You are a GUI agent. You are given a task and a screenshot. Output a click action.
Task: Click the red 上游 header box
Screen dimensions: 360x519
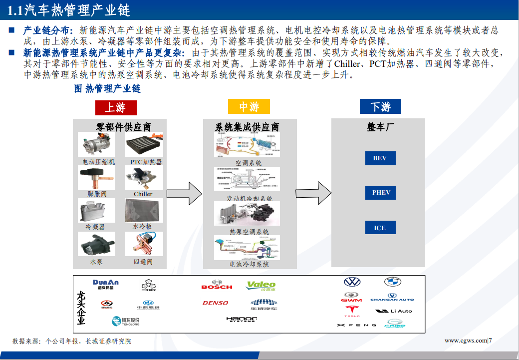tap(115, 107)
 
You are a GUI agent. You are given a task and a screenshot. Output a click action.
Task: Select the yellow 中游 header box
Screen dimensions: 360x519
tap(249, 107)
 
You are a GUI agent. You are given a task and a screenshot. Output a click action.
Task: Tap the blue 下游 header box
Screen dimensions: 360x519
tap(380, 107)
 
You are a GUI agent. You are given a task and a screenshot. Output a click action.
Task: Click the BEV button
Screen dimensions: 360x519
tap(380, 158)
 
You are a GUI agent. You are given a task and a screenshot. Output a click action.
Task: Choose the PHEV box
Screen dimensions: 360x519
tap(381, 193)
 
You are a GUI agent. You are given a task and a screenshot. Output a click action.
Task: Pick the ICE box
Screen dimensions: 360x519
tap(380, 228)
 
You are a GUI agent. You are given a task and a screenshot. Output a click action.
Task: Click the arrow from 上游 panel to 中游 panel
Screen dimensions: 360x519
tap(184, 193)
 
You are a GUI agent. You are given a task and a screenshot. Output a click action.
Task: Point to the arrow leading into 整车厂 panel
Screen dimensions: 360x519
tap(313, 193)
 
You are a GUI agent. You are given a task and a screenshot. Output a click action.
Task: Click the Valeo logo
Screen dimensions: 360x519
tap(261, 286)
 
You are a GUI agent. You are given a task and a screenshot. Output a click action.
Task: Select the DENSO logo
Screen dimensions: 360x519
tap(216, 303)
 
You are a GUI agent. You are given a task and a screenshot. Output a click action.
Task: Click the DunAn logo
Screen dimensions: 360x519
tap(106, 284)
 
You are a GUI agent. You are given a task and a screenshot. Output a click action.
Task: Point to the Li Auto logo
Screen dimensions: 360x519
tap(394, 311)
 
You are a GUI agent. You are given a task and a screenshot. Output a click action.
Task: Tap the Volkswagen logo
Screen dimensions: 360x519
tap(352, 282)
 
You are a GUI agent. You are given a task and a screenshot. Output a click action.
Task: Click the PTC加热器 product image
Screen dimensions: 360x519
tap(144, 144)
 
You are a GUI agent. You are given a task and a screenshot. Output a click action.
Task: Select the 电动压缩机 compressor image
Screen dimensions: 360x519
tap(97, 144)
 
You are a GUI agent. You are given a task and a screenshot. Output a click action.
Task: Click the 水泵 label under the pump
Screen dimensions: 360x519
tap(96, 262)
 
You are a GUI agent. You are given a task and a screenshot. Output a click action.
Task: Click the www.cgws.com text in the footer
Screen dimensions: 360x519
tap(466, 341)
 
